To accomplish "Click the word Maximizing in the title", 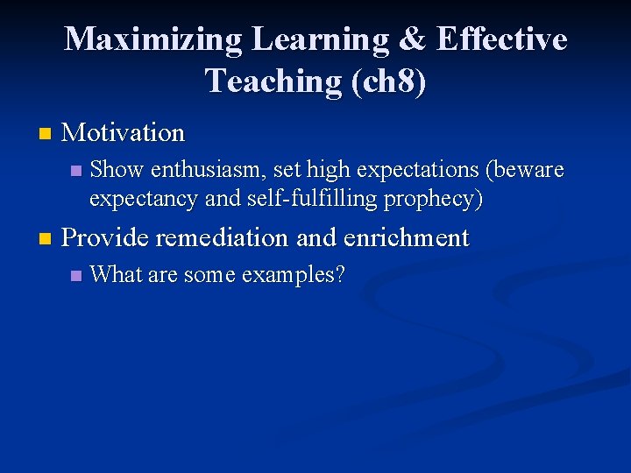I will [x=153, y=39].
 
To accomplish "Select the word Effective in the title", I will [x=501, y=39].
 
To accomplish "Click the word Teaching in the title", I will [x=273, y=81].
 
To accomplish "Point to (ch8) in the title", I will [x=387, y=81].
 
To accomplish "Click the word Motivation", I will [x=124, y=133].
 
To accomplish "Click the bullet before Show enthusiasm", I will [x=74, y=170].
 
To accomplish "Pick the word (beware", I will [x=524, y=169].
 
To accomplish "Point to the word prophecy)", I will [x=436, y=199].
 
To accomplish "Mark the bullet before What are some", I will [x=74, y=276].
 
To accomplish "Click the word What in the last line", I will [x=116, y=275].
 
